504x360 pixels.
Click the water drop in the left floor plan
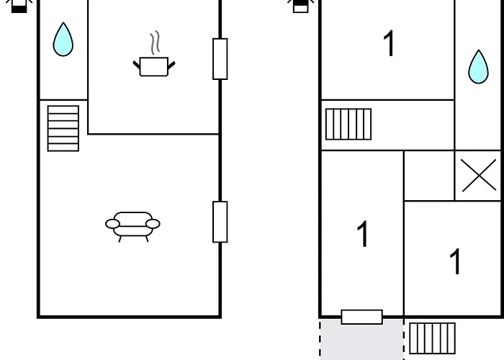[63, 40]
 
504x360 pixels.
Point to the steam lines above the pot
[155, 42]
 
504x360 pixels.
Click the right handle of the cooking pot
[171, 66]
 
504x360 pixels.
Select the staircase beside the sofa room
[63, 128]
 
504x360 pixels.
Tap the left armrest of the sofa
[112, 224]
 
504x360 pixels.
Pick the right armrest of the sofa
[153, 224]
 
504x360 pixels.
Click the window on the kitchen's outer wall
[220, 59]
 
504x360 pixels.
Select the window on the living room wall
[220, 222]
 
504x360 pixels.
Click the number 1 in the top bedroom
[390, 43]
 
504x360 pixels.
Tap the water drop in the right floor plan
[478, 67]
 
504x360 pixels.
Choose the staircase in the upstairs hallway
[348, 125]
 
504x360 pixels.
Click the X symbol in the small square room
[479, 176]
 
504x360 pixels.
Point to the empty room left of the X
[429, 176]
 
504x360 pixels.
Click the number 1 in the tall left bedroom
[363, 234]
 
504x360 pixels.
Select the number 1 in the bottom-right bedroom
[455, 261]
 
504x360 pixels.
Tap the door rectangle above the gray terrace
[362, 317]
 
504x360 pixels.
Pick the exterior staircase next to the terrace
[432, 338]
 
